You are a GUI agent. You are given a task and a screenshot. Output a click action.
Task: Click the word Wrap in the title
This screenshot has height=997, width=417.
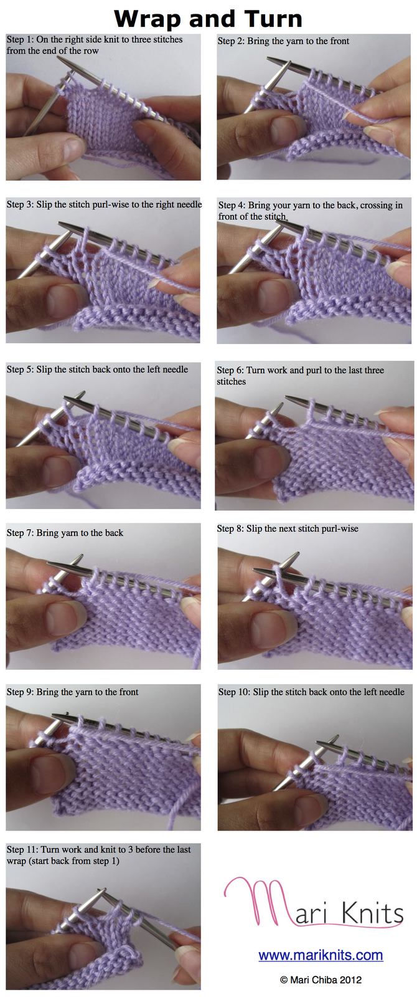tap(149, 20)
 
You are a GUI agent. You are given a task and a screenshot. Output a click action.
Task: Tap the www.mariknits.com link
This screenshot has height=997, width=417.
tap(321, 955)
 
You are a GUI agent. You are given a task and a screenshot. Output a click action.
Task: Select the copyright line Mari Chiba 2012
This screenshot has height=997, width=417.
tap(321, 980)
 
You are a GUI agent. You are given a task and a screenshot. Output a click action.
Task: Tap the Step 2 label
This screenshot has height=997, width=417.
tap(231, 41)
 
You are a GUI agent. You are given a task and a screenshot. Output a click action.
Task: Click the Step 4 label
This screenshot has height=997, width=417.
tap(232, 205)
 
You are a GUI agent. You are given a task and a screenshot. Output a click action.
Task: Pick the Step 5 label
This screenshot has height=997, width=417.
tap(20, 370)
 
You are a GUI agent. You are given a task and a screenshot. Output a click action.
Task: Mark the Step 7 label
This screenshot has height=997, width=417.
tap(20, 533)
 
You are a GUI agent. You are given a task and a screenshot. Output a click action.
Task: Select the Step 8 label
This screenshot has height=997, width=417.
tap(230, 528)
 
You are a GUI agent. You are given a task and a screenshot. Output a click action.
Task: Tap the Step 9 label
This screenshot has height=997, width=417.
tap(20, 692)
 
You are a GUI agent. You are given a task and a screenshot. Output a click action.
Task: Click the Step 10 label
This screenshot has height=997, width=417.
tap(234, 692)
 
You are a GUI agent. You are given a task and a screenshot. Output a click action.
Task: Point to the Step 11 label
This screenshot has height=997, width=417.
tap(22, 849)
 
